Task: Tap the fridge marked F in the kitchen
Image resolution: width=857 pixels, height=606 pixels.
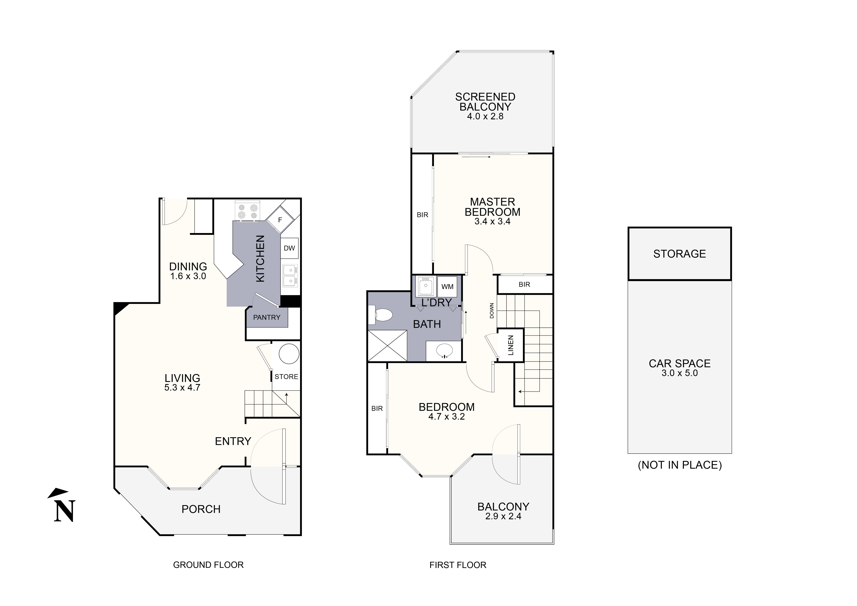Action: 280,220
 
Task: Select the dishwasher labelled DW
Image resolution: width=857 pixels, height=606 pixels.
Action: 289,248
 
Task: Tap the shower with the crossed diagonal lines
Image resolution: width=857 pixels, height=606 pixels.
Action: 387,345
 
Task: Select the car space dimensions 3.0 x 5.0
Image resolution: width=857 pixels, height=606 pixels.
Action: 679,373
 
